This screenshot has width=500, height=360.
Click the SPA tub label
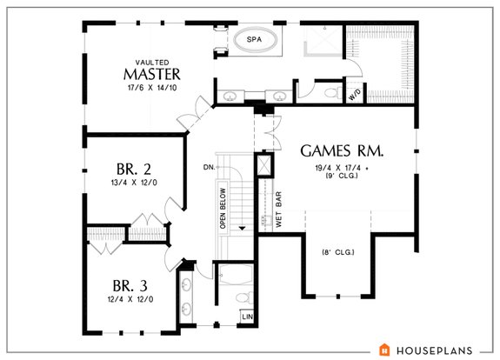(x=254, y=40)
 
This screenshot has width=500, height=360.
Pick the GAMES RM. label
(x=343, y=150)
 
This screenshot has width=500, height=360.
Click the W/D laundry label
(x=355, y=96)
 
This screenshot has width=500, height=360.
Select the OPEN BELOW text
(x=223, y=209)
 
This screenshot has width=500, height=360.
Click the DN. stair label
(x=210, y=166)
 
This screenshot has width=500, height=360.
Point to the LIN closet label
(x=247, y=316)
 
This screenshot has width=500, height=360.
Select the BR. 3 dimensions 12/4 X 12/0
(x=131, y=299)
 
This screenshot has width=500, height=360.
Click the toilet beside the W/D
(x=330, y=92)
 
